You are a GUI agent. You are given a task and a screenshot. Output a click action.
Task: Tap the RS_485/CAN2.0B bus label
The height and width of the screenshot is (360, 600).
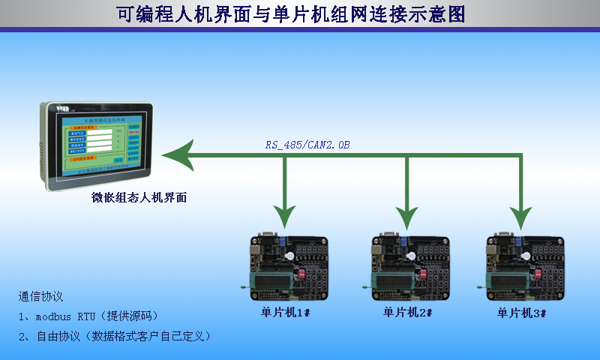pos(307,144)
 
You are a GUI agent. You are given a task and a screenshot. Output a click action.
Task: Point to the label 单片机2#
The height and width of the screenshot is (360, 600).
pos(407,312)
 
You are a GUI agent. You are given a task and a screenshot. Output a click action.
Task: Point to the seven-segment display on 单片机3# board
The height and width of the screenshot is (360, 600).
pos(547,248)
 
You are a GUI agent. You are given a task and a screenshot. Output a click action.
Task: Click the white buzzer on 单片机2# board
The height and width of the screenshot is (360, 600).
pos(410,256)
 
